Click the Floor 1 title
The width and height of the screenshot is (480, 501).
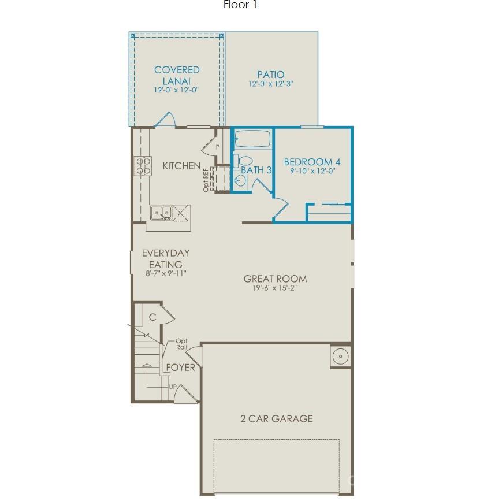[x=240, y=5]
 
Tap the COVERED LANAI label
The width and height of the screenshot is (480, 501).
[x=176, y=75]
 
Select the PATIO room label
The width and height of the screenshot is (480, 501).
[x=270, y=75]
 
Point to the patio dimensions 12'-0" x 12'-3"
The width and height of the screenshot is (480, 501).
[x=271, y=84]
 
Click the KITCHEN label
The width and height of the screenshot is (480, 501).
[x=181, y=166]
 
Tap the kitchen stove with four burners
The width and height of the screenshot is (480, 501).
[x=143, y=166]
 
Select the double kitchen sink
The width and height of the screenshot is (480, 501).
[x=161, y=213]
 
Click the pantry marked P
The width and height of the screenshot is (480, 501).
[x=218, y=147]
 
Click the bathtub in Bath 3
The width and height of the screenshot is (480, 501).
[x=253, y=139]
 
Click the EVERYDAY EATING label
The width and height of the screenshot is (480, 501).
[x=166, y=258]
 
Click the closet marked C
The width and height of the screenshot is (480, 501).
[x=152, y=317]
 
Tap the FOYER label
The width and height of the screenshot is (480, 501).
[x=180, y=368]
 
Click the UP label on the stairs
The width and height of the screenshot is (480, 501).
[x=172, y=387]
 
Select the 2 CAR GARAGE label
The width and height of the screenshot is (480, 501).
[x=277, y=418]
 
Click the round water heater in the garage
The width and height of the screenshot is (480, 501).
[x=340, y=356]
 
